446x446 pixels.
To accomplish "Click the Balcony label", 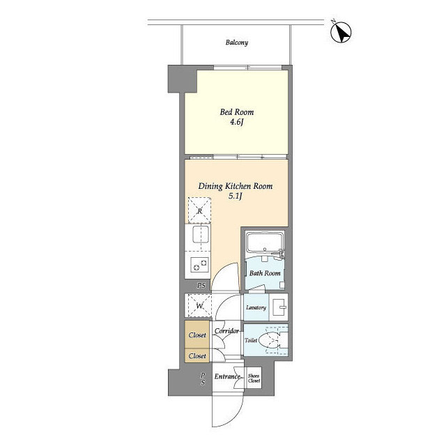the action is point(237,43).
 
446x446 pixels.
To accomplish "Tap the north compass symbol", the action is point(341,32).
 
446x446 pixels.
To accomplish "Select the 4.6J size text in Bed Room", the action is point(237,123).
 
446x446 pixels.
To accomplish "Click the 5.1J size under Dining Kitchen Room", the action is point(236,196).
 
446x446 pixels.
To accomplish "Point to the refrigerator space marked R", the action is point(200,210).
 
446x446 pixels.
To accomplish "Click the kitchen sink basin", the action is point(201,235).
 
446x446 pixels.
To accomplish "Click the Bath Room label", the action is point(265,273).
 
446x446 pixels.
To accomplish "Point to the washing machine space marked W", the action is point(200,306).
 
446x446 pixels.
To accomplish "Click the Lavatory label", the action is point(256,307).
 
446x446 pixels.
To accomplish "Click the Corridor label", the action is point(226,331).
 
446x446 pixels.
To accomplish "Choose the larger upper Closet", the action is point(197,334).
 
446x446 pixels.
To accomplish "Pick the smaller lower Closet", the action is point(197,356).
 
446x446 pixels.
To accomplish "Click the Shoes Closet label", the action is point(254,378).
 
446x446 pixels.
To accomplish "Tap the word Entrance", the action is point(227,376).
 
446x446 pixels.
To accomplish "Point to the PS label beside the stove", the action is point(201,285).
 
